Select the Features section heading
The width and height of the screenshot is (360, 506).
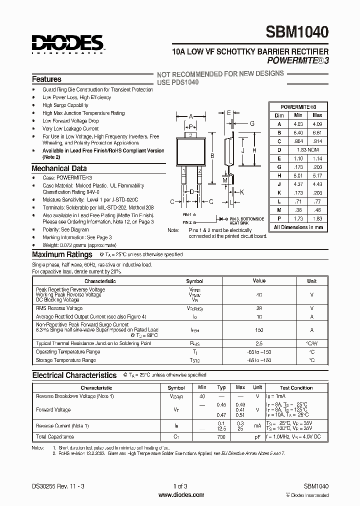46,79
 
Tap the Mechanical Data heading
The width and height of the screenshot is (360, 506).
59,168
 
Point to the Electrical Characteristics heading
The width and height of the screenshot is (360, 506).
74,375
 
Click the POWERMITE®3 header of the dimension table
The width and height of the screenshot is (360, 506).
298,107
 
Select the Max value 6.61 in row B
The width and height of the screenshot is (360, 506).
316,132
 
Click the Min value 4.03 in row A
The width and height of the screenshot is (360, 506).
298,124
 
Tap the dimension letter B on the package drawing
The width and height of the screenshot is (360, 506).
212,156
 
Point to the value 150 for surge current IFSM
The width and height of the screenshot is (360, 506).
259,330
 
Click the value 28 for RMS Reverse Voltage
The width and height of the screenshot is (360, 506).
259,308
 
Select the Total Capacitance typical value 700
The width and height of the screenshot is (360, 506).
221,436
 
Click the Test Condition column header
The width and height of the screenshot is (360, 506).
296,387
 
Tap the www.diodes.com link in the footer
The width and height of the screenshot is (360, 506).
180,495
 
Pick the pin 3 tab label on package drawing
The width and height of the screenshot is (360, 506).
190,135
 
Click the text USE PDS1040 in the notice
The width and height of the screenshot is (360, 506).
178,81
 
